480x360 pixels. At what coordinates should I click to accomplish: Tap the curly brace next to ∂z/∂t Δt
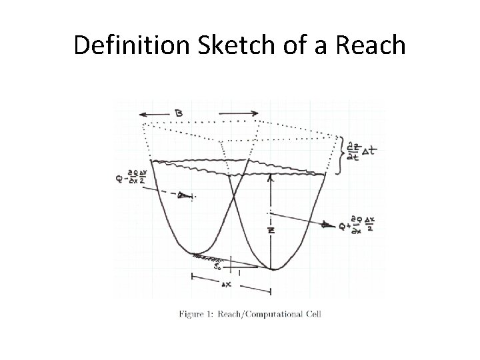[x=341, y=155]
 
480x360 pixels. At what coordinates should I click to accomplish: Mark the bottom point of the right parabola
[x=273, y=269]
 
